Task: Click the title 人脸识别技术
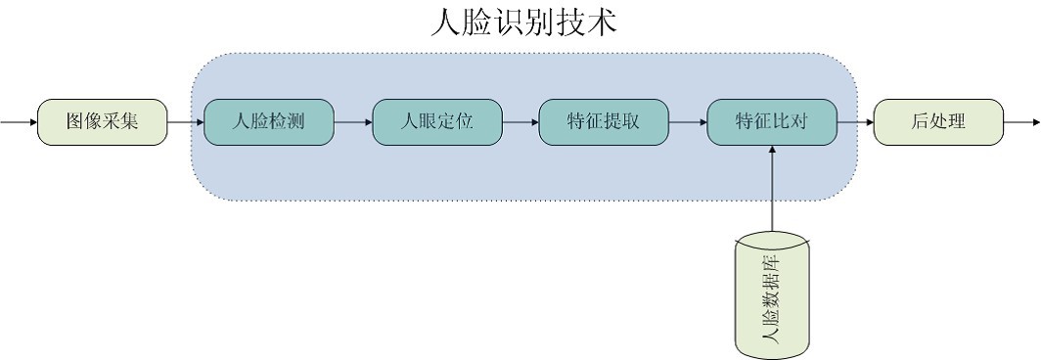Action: [x=523, y=22]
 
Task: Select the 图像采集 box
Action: [x=102, y=122]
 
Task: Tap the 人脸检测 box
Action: [x=269, y=122]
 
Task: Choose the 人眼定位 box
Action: [x=437, y=122]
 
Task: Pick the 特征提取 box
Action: [x=604, y=122]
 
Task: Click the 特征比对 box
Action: [x=772, y=122]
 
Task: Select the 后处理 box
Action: [x=938, y=122]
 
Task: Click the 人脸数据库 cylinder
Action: [x=772, y=293]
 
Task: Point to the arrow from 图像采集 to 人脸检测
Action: [x=185, y=123]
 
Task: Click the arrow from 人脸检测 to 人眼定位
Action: [x=353, y=123]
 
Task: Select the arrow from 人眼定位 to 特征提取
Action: [x=520, y=123]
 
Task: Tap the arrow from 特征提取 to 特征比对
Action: [x=688, y=123]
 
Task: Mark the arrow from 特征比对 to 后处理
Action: [x=856, y=123]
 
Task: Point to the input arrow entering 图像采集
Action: [x=19, y=123]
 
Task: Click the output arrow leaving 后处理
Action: [x=1022, y=123]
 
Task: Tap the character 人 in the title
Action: [x=445, y=22]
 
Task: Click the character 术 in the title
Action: [x=602, y=22]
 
